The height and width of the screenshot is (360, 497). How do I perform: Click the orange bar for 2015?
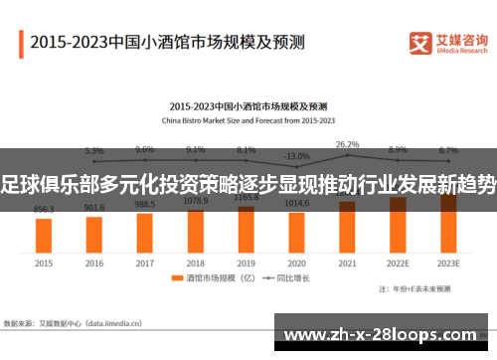click(44, 235)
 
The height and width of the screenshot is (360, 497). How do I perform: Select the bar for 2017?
click(145, 230)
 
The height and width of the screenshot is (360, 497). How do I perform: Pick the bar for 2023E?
click(448, 224)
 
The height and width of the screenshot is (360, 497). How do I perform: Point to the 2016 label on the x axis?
click(94, 264)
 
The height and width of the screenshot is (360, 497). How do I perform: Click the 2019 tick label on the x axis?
click(247, 264)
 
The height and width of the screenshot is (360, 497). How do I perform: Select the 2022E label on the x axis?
click(398, 264)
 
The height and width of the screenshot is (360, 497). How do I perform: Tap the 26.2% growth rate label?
click(347, 144)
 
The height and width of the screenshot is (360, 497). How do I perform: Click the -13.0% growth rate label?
click(296, 156)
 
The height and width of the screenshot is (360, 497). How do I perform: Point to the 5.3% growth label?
click(94, 150)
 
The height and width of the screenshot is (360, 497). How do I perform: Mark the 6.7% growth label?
click(448, 150)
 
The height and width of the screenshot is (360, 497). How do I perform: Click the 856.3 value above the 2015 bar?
click(44, 210)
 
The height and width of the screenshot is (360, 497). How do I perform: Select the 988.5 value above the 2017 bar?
click(145, 204)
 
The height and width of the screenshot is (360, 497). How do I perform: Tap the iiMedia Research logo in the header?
click(448, 43)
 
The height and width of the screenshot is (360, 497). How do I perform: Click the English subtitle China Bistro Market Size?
click(248, 118)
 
